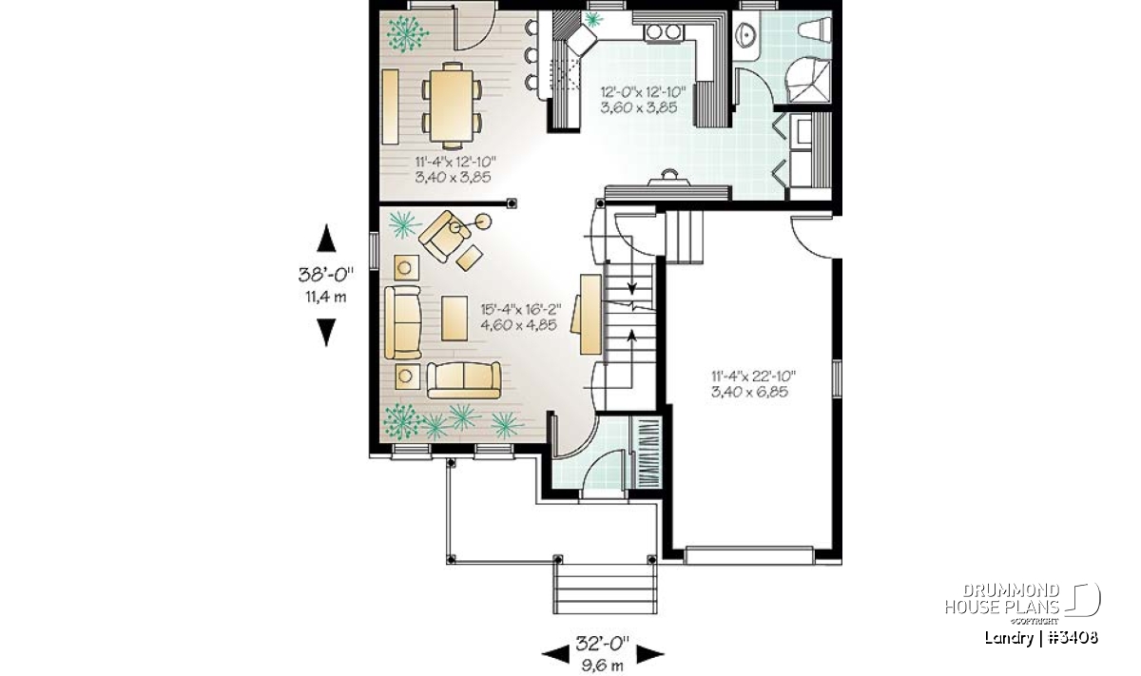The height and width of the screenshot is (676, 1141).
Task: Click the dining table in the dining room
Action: [452, 105]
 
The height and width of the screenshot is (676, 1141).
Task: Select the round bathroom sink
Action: [747, 35]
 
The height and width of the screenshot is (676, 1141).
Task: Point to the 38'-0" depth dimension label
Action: [325, 275]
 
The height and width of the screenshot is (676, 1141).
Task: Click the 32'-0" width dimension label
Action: [603, 644]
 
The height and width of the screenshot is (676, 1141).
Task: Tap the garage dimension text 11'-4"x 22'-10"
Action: [753, 377]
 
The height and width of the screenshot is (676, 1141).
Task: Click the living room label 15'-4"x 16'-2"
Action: [521, 309]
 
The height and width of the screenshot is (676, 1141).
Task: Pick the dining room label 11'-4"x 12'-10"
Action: [455, 162]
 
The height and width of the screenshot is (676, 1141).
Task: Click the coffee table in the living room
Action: [454, 319]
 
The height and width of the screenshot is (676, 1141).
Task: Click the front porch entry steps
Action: [605, 589]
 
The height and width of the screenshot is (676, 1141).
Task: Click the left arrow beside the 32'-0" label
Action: [554, 654]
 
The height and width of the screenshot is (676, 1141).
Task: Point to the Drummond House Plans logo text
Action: [1002, 599]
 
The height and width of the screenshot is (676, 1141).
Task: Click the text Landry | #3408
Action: [1041, 637]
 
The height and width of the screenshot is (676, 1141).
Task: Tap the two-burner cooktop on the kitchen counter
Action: [664, 32]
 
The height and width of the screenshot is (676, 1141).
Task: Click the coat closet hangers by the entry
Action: [646, 453]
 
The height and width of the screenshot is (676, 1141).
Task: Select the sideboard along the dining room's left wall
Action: [390, 107]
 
